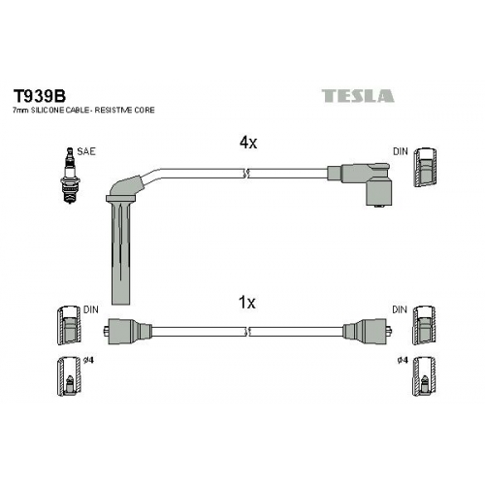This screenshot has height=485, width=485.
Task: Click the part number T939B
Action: [x=39, y=96]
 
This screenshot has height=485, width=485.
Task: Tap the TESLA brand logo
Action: [x=358, y=96]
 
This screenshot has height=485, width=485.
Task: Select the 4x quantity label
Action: [x=248, y=143]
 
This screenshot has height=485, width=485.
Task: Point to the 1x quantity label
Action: [x=246, y=303]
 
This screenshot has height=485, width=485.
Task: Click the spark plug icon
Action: [x=70, y=176]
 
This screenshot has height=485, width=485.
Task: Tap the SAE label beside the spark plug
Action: [x=86, y=151]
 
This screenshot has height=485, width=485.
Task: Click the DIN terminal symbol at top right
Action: [x=425, y=168]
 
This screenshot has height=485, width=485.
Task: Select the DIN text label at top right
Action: [x=401, y=151]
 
